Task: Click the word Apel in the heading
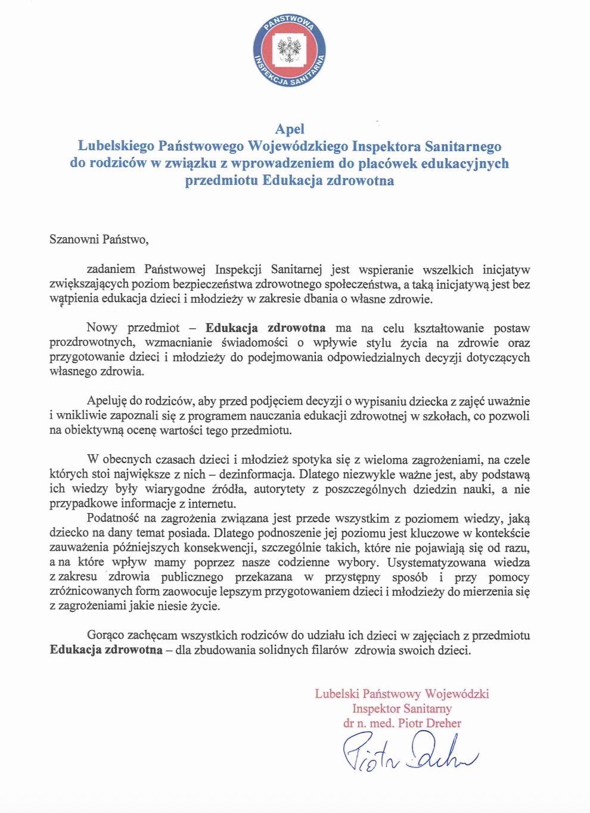[290, 129]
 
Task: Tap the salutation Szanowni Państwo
[98, 240]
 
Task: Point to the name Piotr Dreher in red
[430, 723]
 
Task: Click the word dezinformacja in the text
[256, 474]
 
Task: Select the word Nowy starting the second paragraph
[101, 328]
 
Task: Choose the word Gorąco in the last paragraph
[106, 635]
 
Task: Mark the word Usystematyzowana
[436, 563]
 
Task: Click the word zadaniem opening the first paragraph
[111, 269]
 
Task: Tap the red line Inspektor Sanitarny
[402, 709]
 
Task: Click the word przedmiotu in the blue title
[222, 181]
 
